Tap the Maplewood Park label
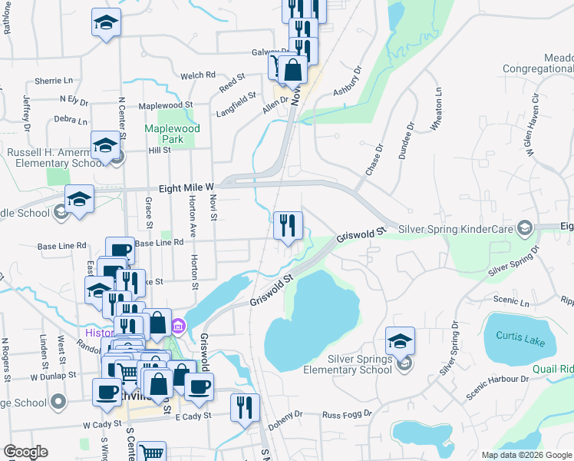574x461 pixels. point(173,134)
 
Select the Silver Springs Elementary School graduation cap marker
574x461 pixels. point(400,340)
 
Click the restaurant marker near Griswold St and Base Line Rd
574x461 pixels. point(288,226)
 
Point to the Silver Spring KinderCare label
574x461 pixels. point(456,229)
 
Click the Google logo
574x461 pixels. point(25,452)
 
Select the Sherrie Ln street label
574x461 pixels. point(54,81)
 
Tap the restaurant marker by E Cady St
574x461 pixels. point(245,407)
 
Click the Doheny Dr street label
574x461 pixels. point(285,419)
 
